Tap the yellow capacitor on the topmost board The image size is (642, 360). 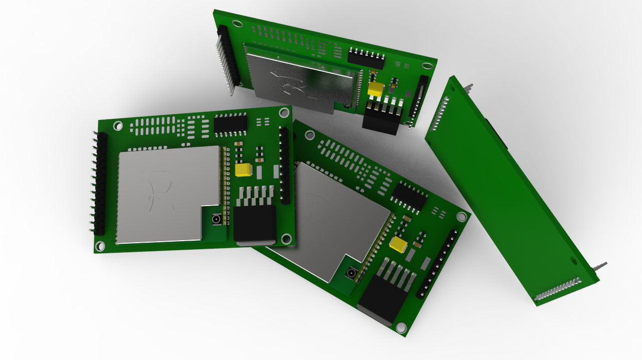tap(376, 89)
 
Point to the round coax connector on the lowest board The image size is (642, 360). tap(351, 274)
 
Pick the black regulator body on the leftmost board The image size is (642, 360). tap(255, 223)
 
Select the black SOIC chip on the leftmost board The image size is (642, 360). tap(230, 123)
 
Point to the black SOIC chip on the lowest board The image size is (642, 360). tap(409, 196)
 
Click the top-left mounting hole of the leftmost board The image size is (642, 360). tap(120, 126)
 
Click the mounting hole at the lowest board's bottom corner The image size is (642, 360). tap(401, 327)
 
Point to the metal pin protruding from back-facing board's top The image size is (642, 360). tap(469, 87)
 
